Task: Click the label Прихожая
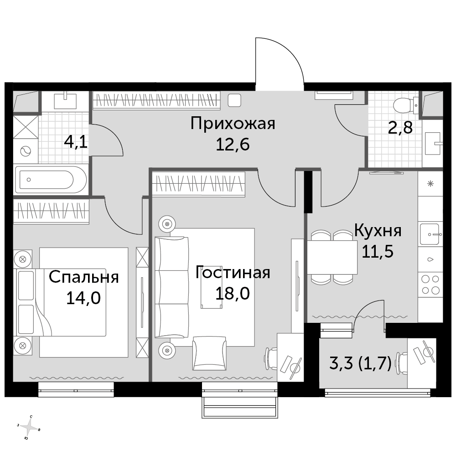coord(233,124)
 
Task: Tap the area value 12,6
coord(233,144)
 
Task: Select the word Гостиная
coord(233,273)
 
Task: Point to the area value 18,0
coord(233,293)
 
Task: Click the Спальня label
coord(84,277)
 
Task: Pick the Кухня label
coord(378,231)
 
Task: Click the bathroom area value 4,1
coord(76,142)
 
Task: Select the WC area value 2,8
coord(400,127)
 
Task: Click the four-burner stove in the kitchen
coord(430,285)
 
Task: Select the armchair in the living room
coord(209,353)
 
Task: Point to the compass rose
coord(29,428)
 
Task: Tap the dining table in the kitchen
coord(332,257)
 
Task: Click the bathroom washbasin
coord(65,101)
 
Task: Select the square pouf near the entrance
coord(234,101)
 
